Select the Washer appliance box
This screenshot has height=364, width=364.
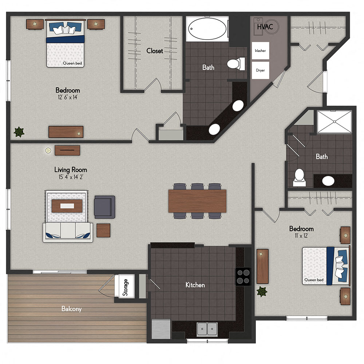click(260, 51)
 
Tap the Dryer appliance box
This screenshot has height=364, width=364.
click(260, 70)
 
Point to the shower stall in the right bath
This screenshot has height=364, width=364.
click(334, 122)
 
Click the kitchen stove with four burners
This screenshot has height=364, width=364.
click(243, 276)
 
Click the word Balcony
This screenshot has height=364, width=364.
click(71, 309)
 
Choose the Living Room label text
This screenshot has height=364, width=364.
click(71, 170)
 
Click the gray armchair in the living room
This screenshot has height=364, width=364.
click(104, 207)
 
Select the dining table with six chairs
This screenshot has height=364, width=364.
click(197, 201)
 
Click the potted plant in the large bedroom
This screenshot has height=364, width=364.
click(18, 132)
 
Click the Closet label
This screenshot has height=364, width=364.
click(155, 51)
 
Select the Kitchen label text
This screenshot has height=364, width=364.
click(195, 285)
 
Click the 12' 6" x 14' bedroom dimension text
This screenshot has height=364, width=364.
click(68, 97)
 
